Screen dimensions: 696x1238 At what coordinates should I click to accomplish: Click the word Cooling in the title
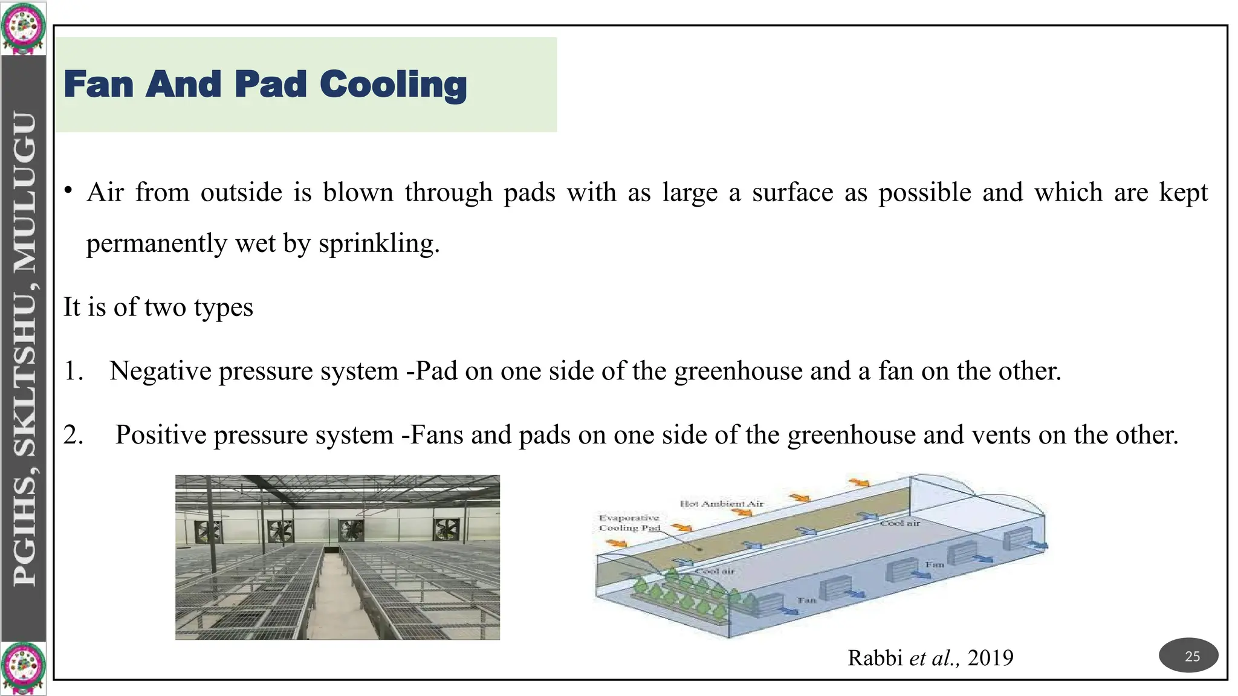pyautogui.click(x=393, y=85)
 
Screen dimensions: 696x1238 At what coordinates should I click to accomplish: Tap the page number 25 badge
pyautogui.click(x=1188, y=656)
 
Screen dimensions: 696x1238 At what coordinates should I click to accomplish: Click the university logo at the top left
pyautogui.click(x=23, y=28)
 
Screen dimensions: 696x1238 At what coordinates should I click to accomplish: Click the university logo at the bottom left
pyautogui.click(x=23, y=668)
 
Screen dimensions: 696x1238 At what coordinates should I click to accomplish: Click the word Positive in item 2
pyautogui.click(x=160, y=435)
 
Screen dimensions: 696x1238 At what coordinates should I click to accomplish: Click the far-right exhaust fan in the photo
pyautogui.click(x=447, y=530)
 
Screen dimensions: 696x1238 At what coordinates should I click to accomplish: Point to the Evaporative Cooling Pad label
pyautogui.click(x=629, y=523)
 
